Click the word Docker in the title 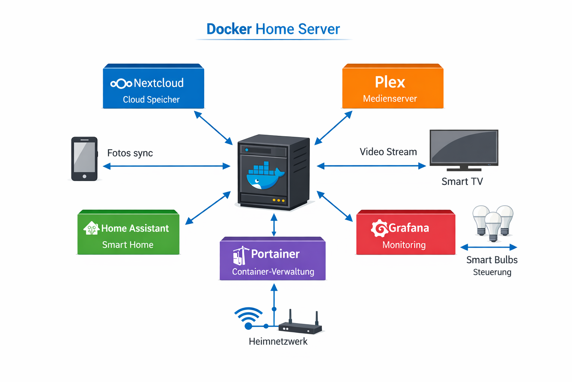point(229,29)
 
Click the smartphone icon point(85,159)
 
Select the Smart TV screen point(464,147)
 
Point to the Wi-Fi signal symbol point(248,317)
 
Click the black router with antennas point(300,327)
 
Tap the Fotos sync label point(130,153)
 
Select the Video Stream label point(388,152)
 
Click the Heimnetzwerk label point(278,341)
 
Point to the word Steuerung point(492,272)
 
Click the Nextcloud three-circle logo point(121,84)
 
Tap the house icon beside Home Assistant point(91,228)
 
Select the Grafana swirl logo point(379,228)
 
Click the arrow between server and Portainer point(274,225)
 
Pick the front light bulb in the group point(493,226)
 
